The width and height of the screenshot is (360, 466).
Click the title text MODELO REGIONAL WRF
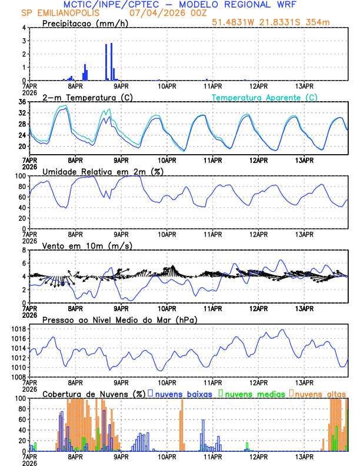click(248, 5)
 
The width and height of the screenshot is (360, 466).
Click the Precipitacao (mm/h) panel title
click(84, 23)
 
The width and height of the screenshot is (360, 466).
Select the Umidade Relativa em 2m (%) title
click(102, 171)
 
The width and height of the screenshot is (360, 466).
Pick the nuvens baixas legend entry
click(182, 394)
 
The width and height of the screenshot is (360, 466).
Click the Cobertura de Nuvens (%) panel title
click(93, 394)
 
